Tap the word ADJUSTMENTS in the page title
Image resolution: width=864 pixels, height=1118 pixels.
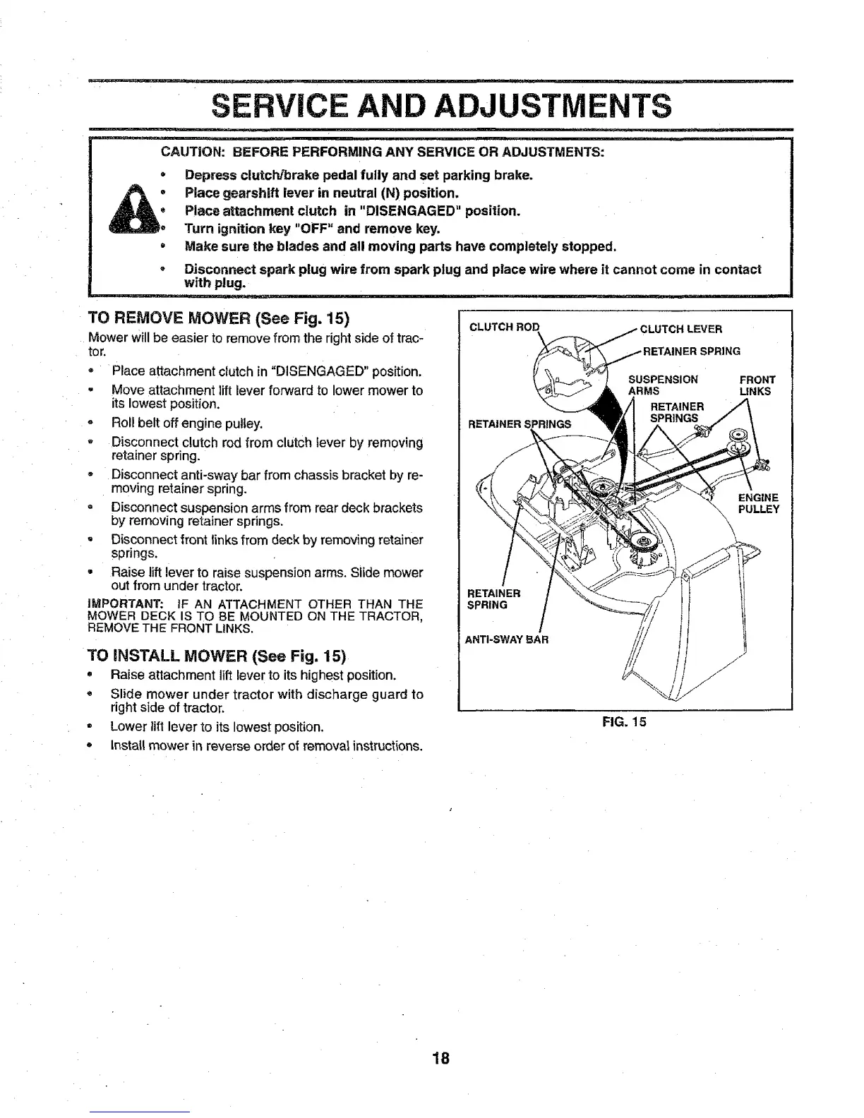tap(551, 107)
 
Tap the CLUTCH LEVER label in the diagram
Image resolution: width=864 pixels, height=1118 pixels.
tap(680, 329)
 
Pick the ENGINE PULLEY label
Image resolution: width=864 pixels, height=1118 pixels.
tap(758, 503)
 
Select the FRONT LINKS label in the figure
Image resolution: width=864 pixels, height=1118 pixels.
tap(757, 385)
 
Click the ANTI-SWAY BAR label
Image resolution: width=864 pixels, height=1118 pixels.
tap(506, 640)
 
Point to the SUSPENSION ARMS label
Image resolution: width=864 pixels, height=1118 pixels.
tap(662, 385)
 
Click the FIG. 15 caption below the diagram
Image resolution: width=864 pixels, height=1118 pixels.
tap(624, 721)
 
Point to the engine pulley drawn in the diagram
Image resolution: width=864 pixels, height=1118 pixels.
tap(739, 435)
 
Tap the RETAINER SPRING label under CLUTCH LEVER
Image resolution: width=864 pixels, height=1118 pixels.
tap(691, 351)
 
